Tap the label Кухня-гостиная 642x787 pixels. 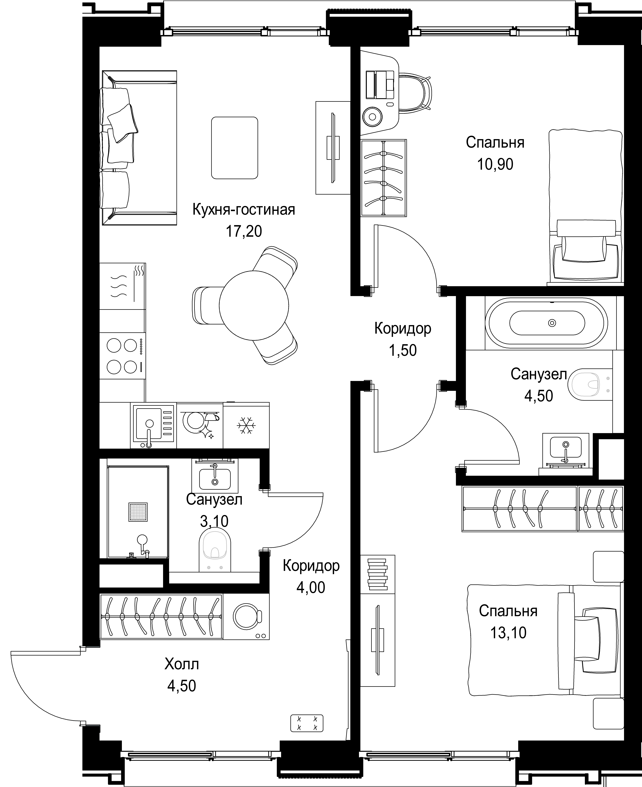[x=244, y=210]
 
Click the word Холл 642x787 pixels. [x=182, y=664]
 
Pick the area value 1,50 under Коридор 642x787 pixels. [x=403, y=350]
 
